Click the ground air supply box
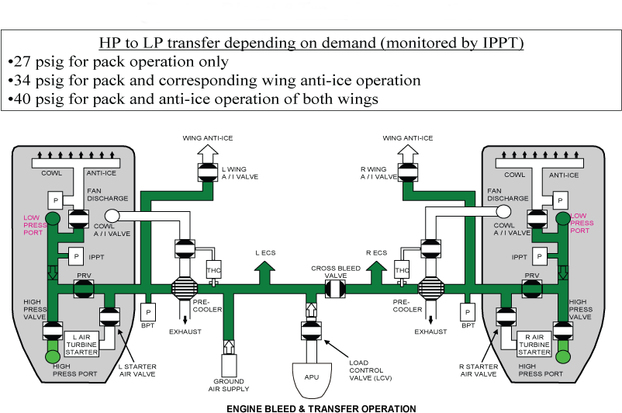tap(229, 364)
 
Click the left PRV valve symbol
tap(83, 289)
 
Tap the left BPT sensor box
tap(148, 312)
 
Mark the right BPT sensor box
tap(467, 312)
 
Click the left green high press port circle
tap(53, 357)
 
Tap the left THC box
tap(213, 270)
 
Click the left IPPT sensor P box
tap(76, 255)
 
